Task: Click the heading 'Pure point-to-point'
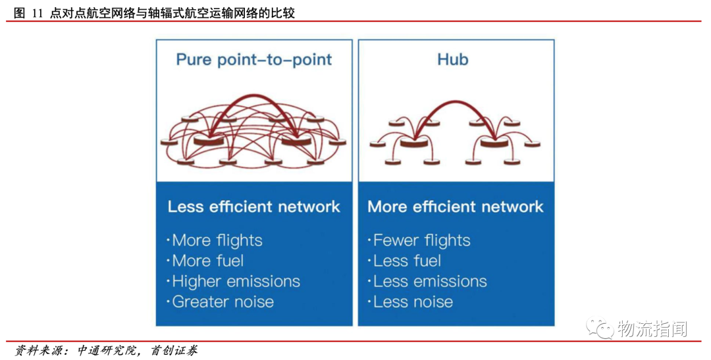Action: (253, 60)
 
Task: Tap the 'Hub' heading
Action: (453, 60)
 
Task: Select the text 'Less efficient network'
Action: (253, 207)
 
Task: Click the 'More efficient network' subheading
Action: (456, 207)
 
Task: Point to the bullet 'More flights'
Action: (217, 241)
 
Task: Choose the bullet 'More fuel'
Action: (207, 261)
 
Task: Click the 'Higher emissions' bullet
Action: (235, 282)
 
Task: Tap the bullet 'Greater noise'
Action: (222, 302)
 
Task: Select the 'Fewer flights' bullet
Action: (421, 241)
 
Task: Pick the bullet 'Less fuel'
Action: (407, 261)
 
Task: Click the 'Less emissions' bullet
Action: (429, 282)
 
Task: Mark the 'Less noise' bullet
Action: (413, 302)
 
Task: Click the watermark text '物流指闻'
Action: (652, 328)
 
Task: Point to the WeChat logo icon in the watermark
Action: (602, 328)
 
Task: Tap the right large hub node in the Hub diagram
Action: (494, 141)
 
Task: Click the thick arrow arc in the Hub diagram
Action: (455, 103)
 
